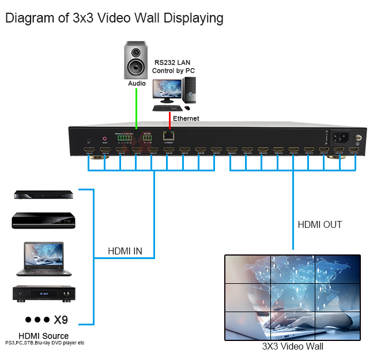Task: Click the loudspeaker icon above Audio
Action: click(x=136, y=60)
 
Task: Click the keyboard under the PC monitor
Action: click(x=168, y=108)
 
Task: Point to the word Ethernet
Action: click(x=185, y=118)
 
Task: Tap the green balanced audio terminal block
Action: click(x=125, y=137)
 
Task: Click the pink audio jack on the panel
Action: click(x=105, y=138)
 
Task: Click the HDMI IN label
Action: click(x=125, y=251)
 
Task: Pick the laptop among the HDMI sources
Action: click(x=44, y=259)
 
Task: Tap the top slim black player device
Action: click(x=44, y=195)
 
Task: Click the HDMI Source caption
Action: click(x=43, y=335)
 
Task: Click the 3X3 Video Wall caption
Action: click(x=292, y=346)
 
